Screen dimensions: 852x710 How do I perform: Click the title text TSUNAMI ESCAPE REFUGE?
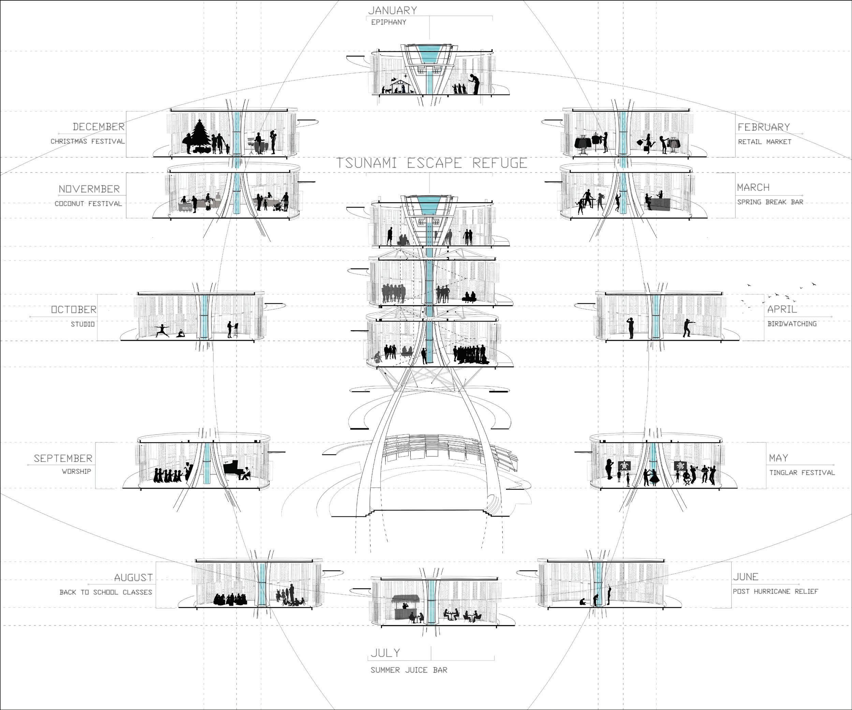point(432,163)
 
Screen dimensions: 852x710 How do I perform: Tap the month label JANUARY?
point(392,10)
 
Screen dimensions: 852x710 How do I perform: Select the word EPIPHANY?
point(388,22)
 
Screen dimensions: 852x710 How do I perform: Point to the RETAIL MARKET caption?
point(764,142)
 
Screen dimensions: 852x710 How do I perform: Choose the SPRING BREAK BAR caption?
point(770,202)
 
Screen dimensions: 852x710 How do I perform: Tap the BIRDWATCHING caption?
point(792,323)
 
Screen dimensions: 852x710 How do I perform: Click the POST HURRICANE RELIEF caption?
point(775,591)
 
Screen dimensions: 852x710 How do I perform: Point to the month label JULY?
point(385,653)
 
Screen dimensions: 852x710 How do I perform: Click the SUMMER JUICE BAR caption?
point(409,670)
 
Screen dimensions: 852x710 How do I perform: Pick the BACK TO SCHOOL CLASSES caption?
point(106,592)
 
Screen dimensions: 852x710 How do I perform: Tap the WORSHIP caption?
point(76,471)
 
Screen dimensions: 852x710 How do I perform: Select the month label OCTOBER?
point(74,309)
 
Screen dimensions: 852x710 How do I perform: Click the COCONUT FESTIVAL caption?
point(88,203)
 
